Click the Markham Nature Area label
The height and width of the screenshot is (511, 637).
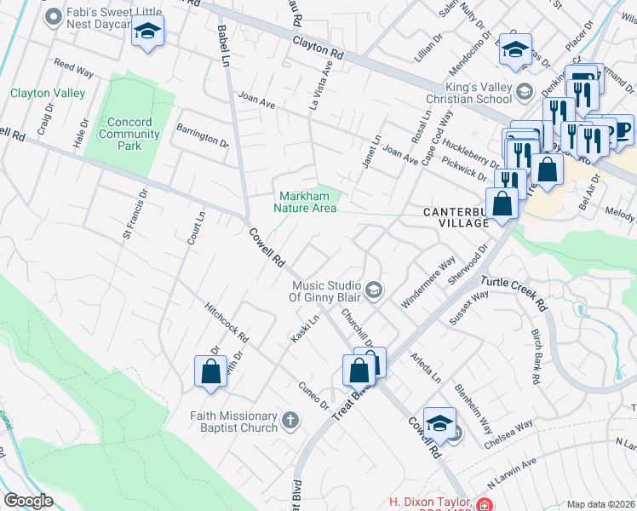304,201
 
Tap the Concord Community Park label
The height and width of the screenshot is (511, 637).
129,134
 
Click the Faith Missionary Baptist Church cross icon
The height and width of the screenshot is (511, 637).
290,419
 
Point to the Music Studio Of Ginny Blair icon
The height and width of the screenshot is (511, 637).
373,291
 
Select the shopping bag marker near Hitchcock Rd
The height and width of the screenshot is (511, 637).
210,371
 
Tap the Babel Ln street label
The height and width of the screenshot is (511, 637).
224,46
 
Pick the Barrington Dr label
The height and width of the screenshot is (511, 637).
202,135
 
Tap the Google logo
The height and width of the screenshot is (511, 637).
28,501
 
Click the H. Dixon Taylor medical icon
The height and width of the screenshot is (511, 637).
484,503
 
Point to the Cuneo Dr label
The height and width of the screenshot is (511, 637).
313,393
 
